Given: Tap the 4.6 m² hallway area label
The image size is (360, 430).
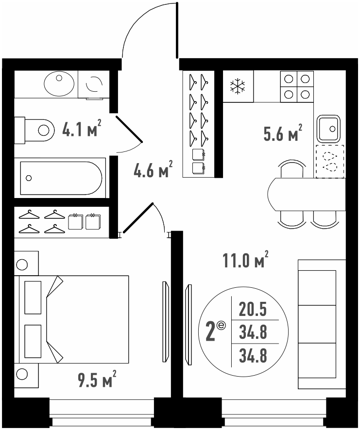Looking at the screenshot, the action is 153,169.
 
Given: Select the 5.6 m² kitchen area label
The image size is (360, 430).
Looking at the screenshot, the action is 283,132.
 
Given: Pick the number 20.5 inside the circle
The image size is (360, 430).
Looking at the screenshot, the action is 253,309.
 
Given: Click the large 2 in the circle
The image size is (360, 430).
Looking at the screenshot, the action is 211,332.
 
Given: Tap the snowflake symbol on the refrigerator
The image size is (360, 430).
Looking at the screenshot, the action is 238,87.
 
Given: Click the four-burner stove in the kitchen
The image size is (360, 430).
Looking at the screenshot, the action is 297,86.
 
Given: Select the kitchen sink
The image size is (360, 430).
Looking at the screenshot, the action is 329,128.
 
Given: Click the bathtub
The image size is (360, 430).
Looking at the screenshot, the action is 60,178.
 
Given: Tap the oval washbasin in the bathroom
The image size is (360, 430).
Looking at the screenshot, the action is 59,83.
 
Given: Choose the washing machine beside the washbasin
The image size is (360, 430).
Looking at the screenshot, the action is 94,84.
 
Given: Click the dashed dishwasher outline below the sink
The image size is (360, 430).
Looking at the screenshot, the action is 330,161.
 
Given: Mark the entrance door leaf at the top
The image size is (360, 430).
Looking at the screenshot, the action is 177,30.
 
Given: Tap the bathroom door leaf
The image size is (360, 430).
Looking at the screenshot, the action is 129,129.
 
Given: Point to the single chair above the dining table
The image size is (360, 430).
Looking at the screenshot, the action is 292,169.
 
